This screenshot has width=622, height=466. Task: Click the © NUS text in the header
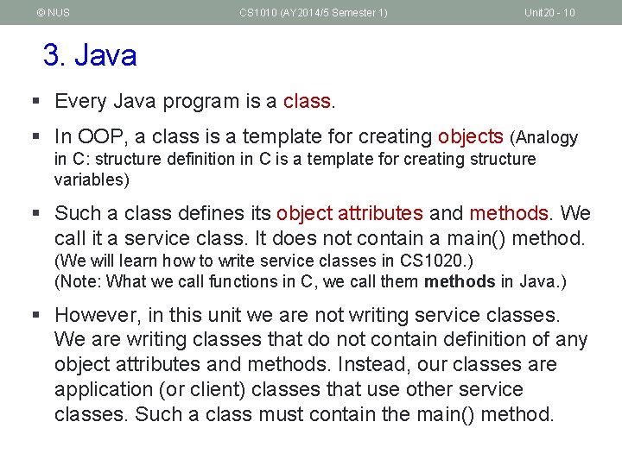(x=53, y=12)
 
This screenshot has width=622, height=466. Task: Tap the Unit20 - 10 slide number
(x=549, y=12)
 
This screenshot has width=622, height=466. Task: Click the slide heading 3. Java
(x=90, y=56)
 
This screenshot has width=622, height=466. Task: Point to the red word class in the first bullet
(x=308, y=101)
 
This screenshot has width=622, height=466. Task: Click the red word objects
(x=470, y=136)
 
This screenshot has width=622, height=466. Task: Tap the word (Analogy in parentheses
(x=544, y=137)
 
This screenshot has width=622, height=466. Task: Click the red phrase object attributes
(x=349, y=213)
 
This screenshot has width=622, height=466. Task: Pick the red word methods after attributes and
(x=508, y=213)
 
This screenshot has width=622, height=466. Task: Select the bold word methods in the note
(x=460, y=280)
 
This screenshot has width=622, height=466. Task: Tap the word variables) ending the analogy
(x=92, y=179)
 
